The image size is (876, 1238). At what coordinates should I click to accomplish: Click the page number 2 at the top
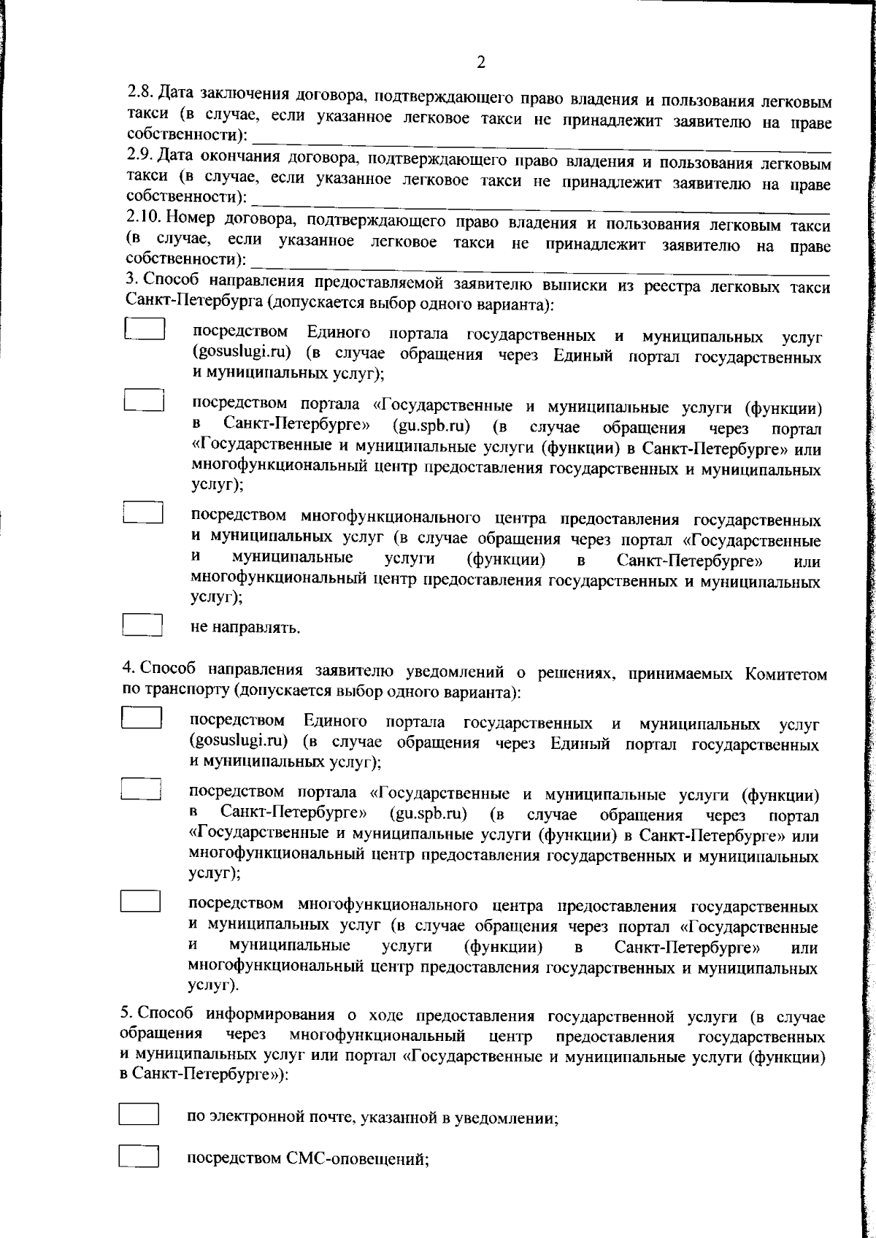[x=480, y=62]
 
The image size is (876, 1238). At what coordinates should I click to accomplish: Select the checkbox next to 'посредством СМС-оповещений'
[x=139, y=1157]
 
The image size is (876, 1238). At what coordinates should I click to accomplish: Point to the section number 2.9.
[x=139, y=155]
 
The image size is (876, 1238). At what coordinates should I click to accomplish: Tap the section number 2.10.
[x=142, y=217]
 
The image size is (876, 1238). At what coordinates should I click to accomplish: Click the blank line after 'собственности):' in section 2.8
[x=540, y=137]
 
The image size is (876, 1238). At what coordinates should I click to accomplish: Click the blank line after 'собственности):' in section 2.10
[x=540, y=261]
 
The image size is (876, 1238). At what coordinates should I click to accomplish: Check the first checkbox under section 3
[x=143, y=328]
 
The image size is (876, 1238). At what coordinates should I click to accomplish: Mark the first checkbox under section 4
[x=141, y=717]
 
